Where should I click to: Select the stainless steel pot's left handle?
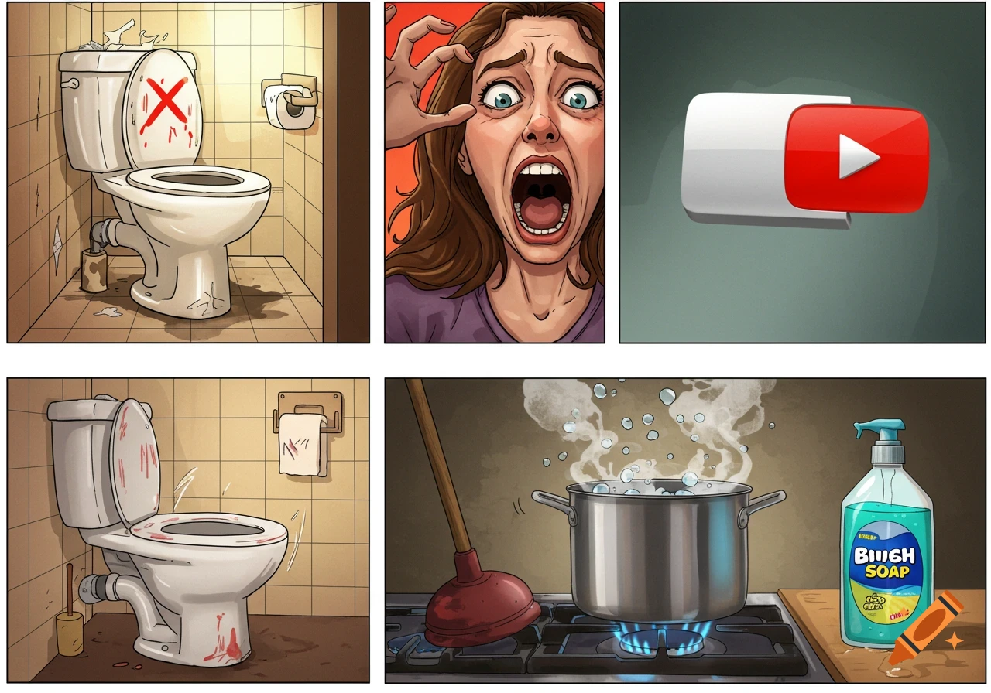(550, 501)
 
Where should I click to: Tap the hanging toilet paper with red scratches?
(302, 444)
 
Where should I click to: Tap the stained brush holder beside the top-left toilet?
(94, 271)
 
